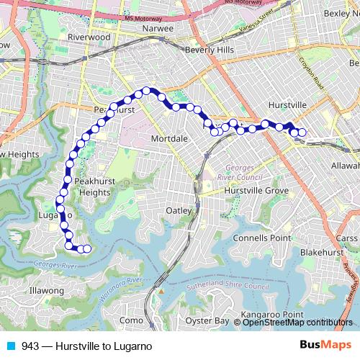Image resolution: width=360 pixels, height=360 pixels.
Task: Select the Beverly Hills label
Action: [x=210, y=50]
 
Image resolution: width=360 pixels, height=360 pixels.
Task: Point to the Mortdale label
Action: [x=170, y=138]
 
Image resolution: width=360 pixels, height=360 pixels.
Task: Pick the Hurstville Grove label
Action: [x=256, y=190]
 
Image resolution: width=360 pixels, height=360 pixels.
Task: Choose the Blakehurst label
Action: [x=319, y=253]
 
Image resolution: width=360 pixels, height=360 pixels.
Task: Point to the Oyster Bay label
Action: [x=207, y=320]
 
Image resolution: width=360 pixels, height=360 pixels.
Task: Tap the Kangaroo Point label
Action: [x=271, y=314]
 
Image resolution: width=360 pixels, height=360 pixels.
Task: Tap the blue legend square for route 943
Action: [x=11, y=346]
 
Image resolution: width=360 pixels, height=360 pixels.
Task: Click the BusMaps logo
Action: [x=325, y=346]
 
